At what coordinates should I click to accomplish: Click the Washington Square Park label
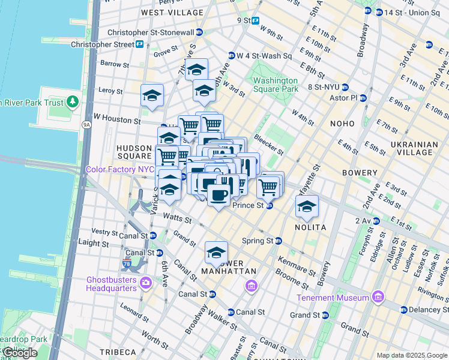coord(275,85)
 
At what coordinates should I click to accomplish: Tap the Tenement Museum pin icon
coord(377,297)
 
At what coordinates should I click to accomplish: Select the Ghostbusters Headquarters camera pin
coord(145,282)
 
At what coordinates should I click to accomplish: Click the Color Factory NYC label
coord(120,169)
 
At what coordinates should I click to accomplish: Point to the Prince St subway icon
coord(270,206)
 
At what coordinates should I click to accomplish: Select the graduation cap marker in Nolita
coord(307,207)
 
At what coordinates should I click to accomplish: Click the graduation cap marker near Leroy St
coord(152,95)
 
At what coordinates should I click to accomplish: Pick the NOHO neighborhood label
coord(343,123)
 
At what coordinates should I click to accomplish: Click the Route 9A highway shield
coord(86,125)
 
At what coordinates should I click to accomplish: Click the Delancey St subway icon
coord(404,310)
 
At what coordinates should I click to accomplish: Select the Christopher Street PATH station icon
coord(139,44)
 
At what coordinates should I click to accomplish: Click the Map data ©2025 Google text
coord(411,355)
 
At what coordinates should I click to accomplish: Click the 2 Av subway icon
coord(376,221)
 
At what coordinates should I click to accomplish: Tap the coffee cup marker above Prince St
coord(218,194)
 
